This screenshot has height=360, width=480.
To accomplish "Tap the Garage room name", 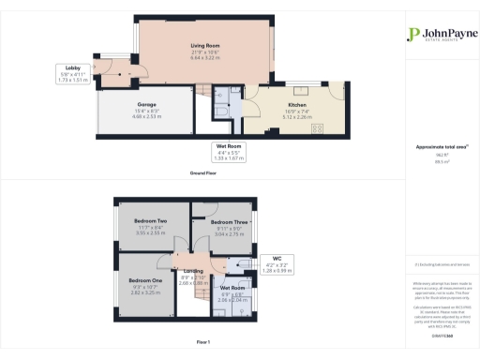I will tap(147, 104).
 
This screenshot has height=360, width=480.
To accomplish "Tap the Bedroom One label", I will tap(144, 280).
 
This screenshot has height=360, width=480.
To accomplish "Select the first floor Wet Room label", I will tap(232, 288).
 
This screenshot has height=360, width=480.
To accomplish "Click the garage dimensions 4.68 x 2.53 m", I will tap(147, 117).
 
